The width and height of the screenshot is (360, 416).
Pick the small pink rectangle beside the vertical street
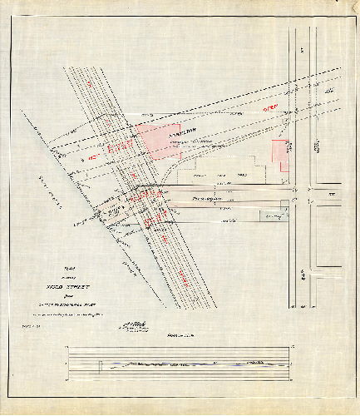[x=281, y=156]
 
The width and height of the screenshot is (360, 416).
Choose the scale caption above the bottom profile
[x=176, y=335]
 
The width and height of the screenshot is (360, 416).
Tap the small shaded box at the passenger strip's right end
[x=284, y=205]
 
